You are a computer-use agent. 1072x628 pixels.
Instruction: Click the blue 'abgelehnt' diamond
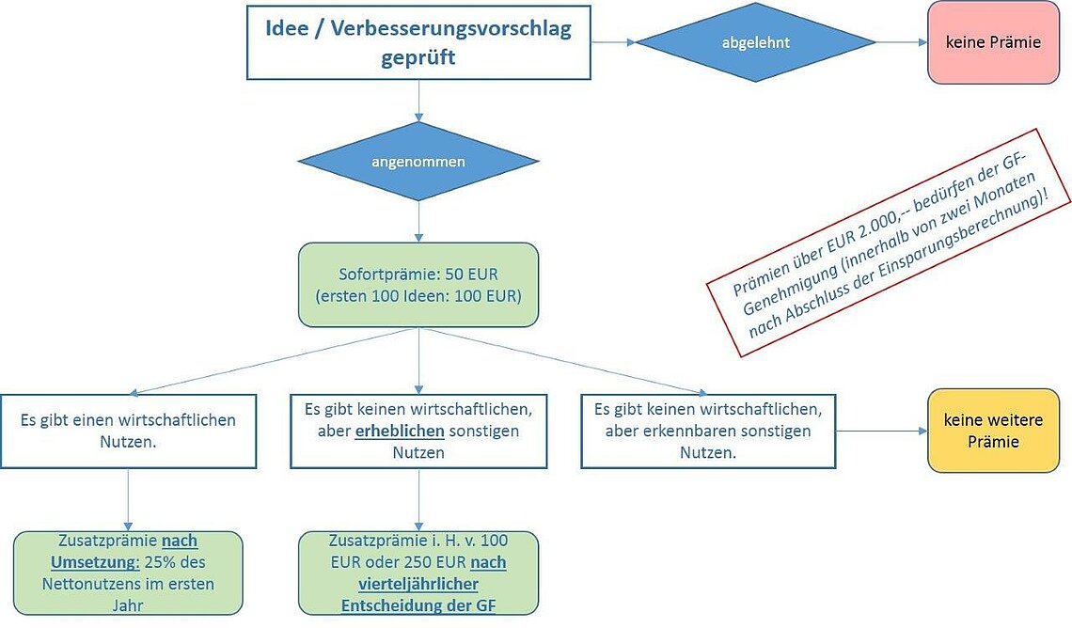point(755,41)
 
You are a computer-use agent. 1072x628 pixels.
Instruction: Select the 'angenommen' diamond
point(418,162)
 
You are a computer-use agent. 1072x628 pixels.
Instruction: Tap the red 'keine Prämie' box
point(993,42)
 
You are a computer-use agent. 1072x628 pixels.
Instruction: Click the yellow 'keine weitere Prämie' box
point(993,431)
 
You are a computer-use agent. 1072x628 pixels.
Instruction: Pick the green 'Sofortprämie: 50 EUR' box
point(418,285)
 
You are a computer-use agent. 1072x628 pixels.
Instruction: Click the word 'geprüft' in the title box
point(418,57)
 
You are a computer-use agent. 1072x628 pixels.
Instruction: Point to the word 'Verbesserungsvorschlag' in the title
point(451,29)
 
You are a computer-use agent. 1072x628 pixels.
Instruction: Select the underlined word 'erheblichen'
point(400,432)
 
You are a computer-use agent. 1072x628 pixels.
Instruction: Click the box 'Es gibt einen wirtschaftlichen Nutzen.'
point(129,432)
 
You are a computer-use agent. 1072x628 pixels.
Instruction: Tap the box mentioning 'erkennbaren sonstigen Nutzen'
point(708,432)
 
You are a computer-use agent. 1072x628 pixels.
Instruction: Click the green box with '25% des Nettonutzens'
point(128,573)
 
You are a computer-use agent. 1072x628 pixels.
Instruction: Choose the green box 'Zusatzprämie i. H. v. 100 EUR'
point(418,573)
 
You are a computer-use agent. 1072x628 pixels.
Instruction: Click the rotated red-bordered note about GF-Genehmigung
point(889,243)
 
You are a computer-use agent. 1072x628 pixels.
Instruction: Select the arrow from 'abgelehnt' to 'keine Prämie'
point(902,42)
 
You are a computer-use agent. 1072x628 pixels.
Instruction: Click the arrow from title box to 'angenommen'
point(418,102)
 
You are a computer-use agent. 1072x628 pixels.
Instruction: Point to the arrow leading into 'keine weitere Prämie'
point(882,432)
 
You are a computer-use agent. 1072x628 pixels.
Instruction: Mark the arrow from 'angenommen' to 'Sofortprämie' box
point(418,222)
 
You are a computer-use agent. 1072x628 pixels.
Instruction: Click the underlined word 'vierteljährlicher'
point(418,584)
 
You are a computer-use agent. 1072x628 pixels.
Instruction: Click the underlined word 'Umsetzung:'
point(95,562)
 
